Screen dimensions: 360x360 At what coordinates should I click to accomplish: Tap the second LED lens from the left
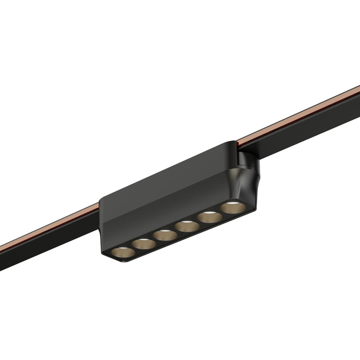pyautogui.click(x=143, y=244)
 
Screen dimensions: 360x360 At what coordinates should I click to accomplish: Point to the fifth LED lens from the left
pyautogui.click(x=209, y=217)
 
